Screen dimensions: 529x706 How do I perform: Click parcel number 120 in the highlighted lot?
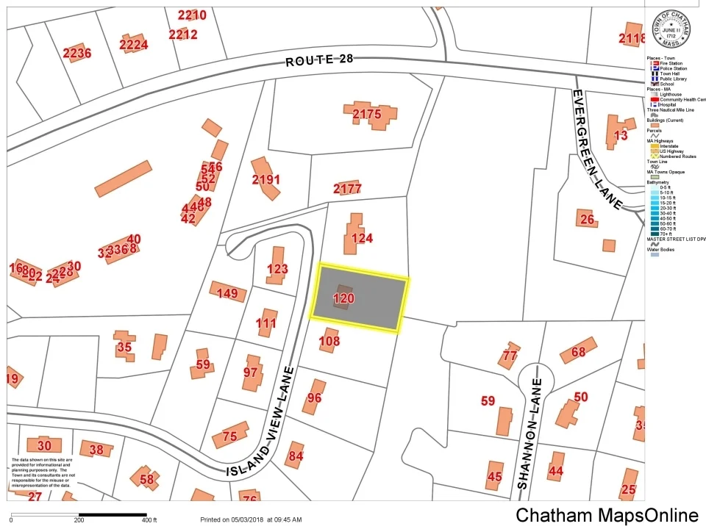[343, 298]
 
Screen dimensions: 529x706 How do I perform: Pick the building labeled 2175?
[367, 114]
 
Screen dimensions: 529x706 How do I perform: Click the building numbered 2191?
[265, 179]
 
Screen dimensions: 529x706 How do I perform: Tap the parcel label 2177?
[347, 189]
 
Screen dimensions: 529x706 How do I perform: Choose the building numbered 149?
[227, 294]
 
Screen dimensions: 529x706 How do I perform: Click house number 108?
[329, 341]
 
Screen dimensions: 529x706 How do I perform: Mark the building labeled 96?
[314, 397]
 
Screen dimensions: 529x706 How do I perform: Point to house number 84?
[296, 456]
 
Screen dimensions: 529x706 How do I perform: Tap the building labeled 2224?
[134, 44]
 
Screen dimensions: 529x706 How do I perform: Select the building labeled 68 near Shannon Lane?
[578, 352]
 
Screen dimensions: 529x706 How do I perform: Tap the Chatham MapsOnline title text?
[607, 515]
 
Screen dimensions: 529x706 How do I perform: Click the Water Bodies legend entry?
[660, 249]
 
